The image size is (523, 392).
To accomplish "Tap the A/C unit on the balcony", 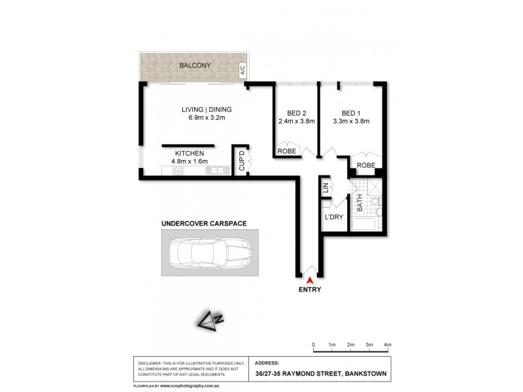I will [242, 69].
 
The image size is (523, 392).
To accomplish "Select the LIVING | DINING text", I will [207, 109].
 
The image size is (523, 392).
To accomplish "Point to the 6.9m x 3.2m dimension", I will [207, 118].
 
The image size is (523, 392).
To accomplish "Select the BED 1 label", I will [351, 111].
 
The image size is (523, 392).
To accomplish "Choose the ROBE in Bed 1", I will [365, 166].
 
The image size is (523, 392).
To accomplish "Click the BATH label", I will [358, 204].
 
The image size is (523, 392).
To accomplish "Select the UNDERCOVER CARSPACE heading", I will [204, 223].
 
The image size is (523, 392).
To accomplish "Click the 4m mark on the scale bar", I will [388, 344].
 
